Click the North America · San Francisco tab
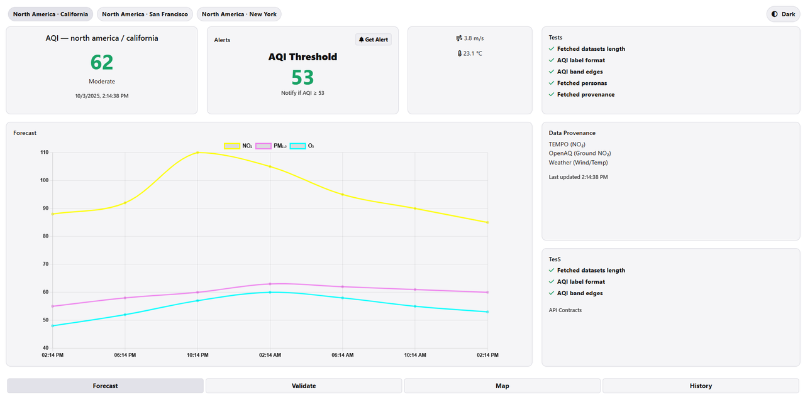click(x=145, y=14)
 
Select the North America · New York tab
click(x=239, y=14)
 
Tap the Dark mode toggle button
click(x=783, y=14)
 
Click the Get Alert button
click(x=374, y=40)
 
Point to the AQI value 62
click(x=102, y=62)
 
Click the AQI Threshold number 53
click(x=303, y=77)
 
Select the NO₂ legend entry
click(x=238, y=146)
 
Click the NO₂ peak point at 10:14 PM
click(x=197, y=152)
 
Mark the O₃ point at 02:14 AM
click(x=270, y=292)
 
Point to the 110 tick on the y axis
click(x=44, y=152)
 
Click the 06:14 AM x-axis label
click(x=342, y=355)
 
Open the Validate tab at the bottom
click(x=304, y=386)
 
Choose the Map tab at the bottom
click(x=502, y=386)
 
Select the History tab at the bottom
click(x=701, y=386)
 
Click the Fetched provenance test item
click(x=586, y=95)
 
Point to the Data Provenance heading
click(x=572, y=133)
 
